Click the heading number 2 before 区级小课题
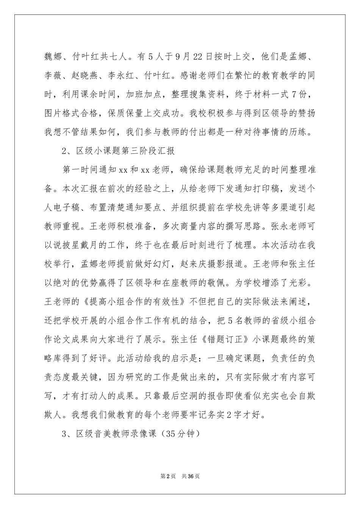tap(64, 150)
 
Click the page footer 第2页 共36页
tap(180, 476)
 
